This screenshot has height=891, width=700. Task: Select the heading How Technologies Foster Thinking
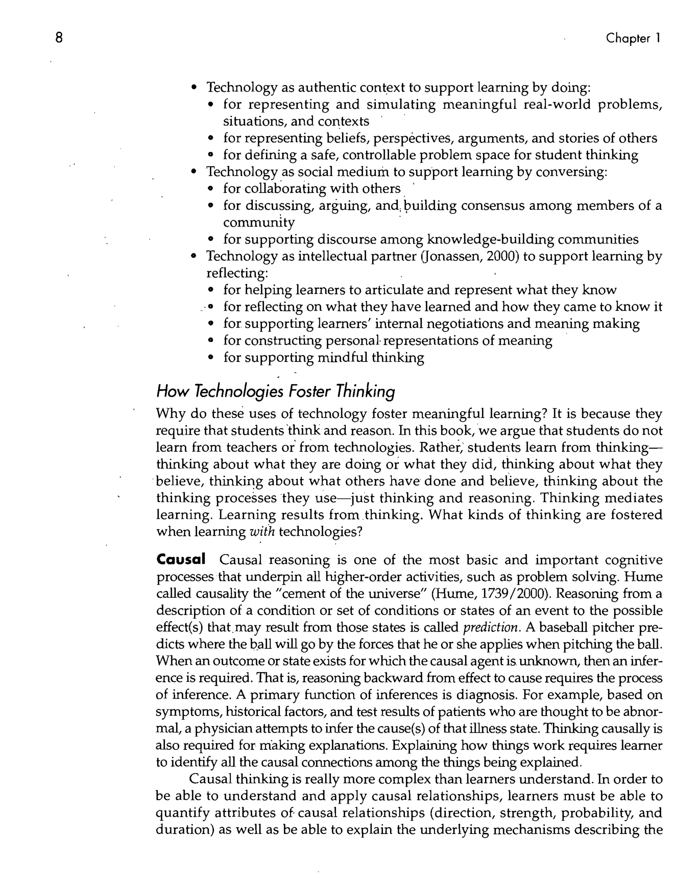point(275,391)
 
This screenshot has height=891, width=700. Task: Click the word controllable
point(381,155)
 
